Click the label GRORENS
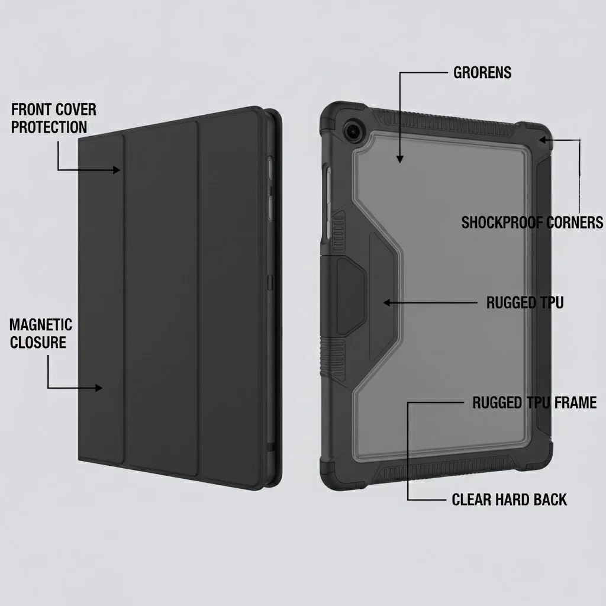482,73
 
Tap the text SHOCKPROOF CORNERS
532,223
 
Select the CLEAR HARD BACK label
509,499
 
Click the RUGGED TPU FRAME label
534,403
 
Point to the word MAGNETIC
41,324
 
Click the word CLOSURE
38,342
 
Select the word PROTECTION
49,127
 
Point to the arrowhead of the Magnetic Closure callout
99,388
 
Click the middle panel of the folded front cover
160,296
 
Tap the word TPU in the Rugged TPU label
550,302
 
